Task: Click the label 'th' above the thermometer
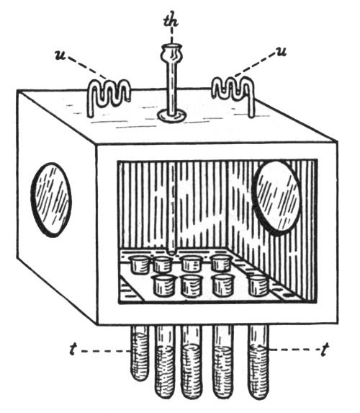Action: [x=171, y=19]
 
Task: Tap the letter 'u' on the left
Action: [x=61, y=55]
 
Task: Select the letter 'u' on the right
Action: [x=281, y=52]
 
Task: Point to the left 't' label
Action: [x=73, y=350]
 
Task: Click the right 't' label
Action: [x=325, y=350]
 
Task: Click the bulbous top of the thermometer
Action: [x=171, y=53]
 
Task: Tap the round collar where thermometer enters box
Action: [x=172, y=116]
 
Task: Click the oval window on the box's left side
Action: [x=51, y=200]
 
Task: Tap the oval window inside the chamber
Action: [x=276, y=196]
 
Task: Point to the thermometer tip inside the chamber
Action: [x=171, y=252]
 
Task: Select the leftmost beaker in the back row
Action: [x=139, y=265]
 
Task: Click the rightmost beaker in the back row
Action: [x=222, y=263]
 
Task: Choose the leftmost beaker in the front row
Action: [x=163, y=285]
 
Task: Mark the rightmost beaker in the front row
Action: [x=259, y=285]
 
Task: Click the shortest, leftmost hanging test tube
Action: [x=140, y=353]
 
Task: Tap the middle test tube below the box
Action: [x=192, y=362]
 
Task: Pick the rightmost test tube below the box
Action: [x=258, y=362]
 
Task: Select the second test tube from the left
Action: [x=165, y=362]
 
